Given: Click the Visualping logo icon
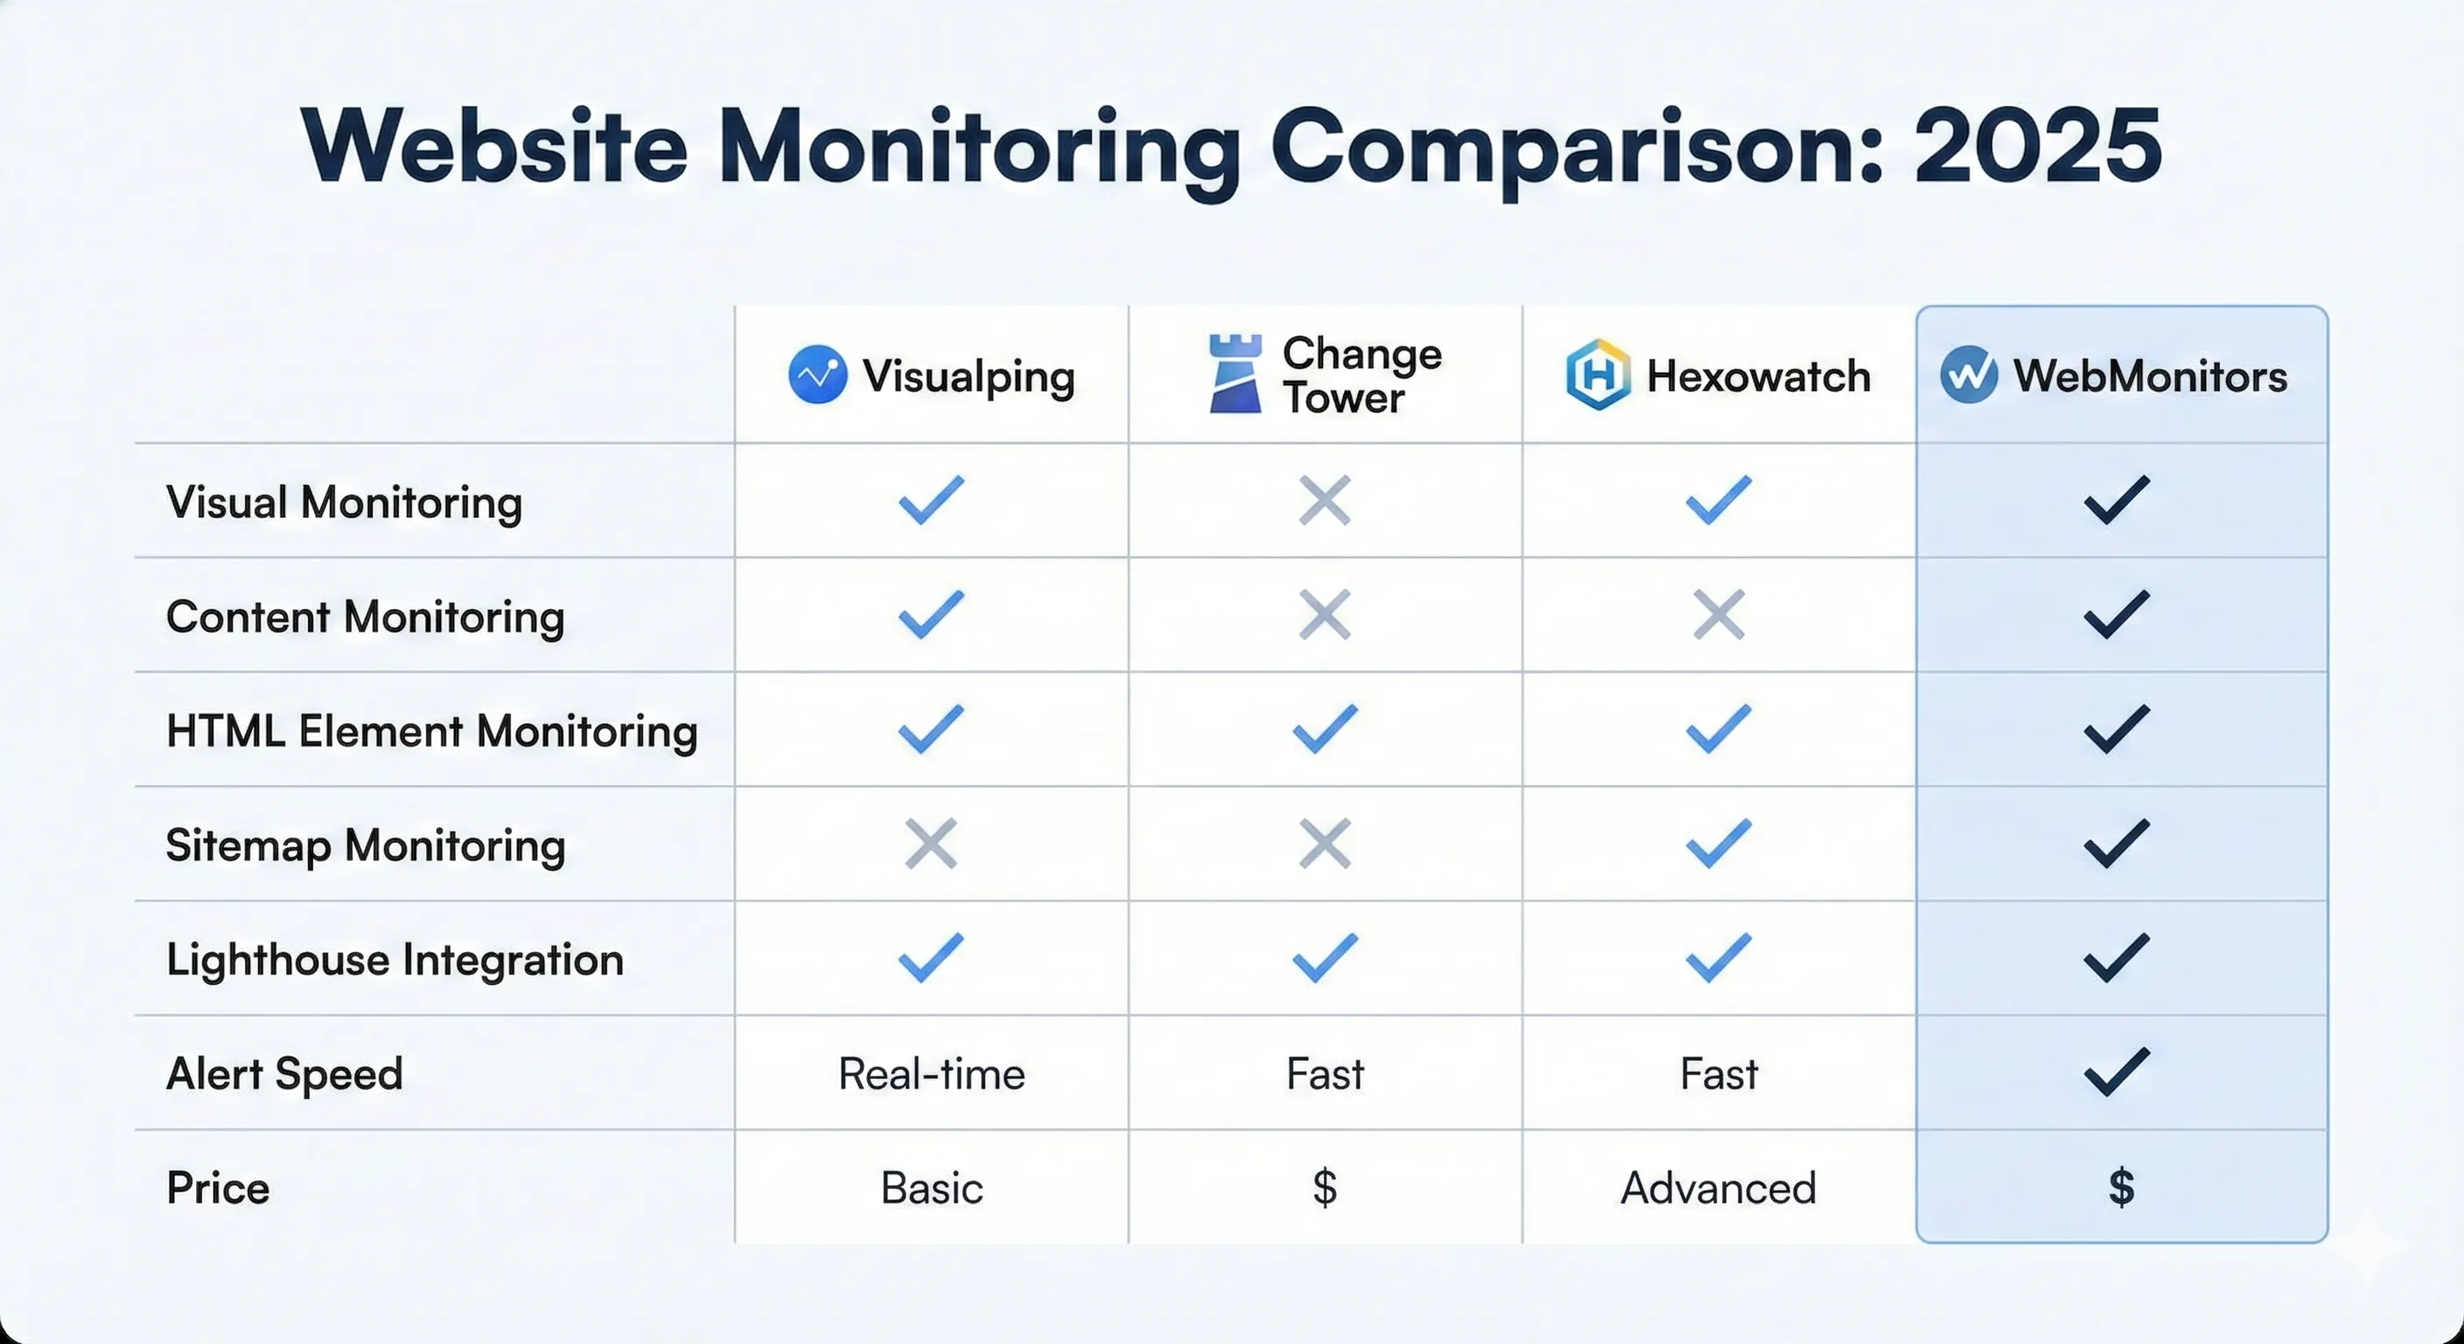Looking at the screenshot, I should click(x=817, y=375).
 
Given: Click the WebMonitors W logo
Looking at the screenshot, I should click(x=1969, y=375).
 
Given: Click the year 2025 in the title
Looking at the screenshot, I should click(x=2037, y=146).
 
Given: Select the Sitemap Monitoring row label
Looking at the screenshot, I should click(x=366, y=845).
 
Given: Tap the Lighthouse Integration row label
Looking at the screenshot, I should click(x=395, y=960).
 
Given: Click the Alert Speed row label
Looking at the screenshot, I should click(x=284, y=1074).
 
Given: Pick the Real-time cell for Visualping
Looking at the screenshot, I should click(x=932, y=1074).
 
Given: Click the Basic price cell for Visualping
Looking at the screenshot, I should click(x=932, y=1188).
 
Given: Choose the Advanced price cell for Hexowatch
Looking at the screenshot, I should click(x=1718, y=1188).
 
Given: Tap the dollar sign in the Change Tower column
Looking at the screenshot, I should click(x=1325, y=1188).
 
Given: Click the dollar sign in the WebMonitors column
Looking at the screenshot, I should click(x=2121, y=1188).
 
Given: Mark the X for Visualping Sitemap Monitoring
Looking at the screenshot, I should click(x=931, y=843).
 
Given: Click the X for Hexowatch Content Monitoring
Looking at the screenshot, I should click(x=1718, y=614).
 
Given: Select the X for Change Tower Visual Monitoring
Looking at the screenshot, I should click(x=1325, y=500).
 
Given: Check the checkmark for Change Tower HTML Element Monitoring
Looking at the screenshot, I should click(x=1325, y=729).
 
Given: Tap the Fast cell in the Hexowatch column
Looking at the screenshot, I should click(x=1718, y=1074).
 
